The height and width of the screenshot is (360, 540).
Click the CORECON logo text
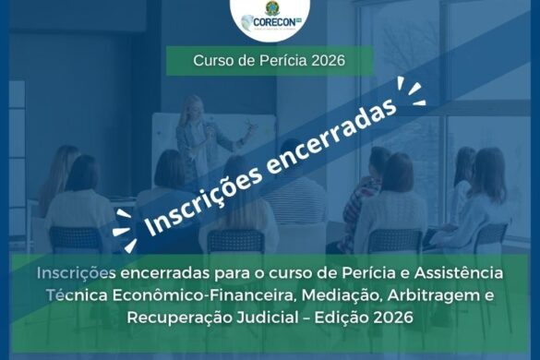(274, 22)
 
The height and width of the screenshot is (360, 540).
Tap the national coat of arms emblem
(271, 8)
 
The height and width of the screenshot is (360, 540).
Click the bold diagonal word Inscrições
(202, 203)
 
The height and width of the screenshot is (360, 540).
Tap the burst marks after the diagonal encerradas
(412, 91)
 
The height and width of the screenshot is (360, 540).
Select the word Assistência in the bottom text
(459, 273)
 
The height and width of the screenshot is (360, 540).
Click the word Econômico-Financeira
(202, 295)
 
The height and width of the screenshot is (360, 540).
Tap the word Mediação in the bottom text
(341, 295)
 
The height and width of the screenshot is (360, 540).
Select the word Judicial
(268, 318)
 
